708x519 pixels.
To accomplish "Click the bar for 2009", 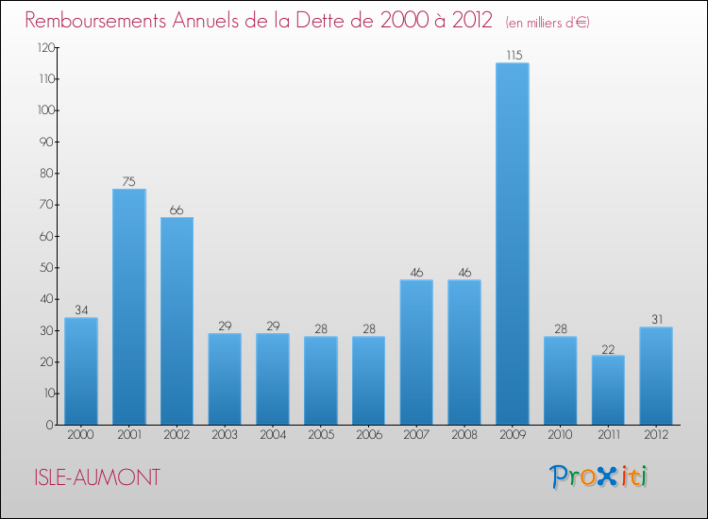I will click(x=513, y=243).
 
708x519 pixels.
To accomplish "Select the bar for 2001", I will click(x=128, y=307).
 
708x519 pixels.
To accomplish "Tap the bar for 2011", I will click(x=608, y=390).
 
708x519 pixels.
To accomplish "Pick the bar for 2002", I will click(x=177, y=321).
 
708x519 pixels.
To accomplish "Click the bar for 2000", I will click(x=81, y=371).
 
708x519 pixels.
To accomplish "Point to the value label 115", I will click(x=513, y=56).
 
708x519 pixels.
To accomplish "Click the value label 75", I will click(x=128, y=182).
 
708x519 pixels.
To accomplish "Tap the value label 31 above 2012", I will click(x=656, y=320).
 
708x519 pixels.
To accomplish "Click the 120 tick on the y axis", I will click(x=42, y=47).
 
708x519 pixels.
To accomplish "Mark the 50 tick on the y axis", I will click(x=45, y=267).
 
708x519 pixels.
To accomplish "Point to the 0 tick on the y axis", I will click(x=48, y=425).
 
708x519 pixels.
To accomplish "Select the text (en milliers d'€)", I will click(x=548, y=22).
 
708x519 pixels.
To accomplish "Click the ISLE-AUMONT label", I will click(x=93, y=478).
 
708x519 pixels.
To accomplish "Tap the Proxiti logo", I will click(x=598, y=477).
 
